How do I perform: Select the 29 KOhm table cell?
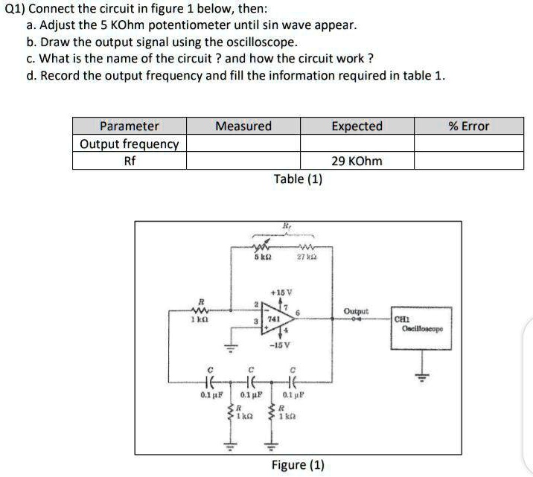coord(357,161)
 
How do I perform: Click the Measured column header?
coord(243,126)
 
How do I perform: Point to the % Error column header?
coord(469,126)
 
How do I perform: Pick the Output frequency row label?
coord(130,144)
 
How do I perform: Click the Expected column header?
coord(357,126)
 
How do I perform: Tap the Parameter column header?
coord(130,126)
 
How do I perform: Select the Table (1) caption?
coord(298,179)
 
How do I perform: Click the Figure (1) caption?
coord(298,465)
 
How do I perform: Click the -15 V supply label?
coord(281,345)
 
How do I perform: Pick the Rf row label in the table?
coord(130,161)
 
